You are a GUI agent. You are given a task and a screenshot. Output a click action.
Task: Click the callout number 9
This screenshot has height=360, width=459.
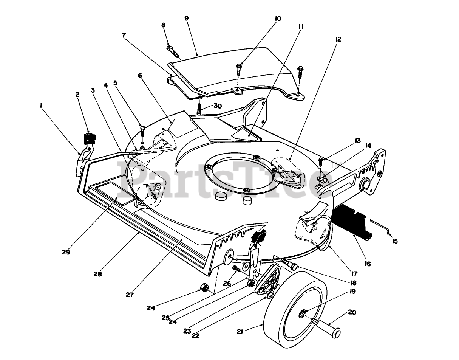[x=186, y=18]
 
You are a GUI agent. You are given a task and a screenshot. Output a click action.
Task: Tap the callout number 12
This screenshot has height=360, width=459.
[x=338, y=39]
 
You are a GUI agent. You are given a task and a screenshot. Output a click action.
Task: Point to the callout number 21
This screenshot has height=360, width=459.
[x=240, y=332]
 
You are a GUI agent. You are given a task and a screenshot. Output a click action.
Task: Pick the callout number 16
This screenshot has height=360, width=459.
[x=368, y=264]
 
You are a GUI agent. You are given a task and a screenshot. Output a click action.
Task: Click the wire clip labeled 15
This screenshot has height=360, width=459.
[x=382, y=226]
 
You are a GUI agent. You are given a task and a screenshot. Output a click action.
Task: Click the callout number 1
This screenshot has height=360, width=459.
[x=40, y=107]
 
